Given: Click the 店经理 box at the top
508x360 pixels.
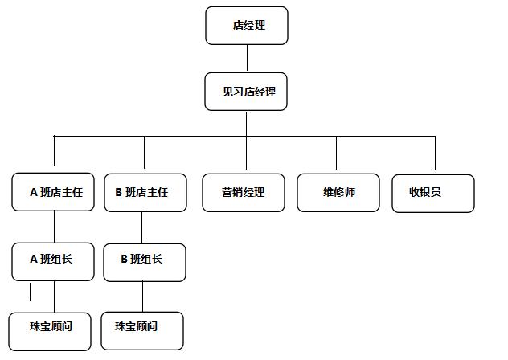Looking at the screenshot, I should [x=247, y=26].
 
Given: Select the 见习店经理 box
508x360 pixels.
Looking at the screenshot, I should [x=247, y=92].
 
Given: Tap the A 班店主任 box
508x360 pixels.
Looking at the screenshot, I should [x=54, y=193].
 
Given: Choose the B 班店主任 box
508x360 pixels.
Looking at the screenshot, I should [x=145, y=193].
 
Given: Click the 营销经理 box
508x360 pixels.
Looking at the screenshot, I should [x=244, y=193].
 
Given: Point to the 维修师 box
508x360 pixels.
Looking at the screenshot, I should [x=338, y=193].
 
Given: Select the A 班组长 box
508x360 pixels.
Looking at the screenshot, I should [x=54, y=260].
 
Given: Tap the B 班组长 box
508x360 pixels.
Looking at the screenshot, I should [x=145, y=260].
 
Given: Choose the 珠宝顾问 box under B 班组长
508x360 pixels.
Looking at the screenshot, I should [x=142, y=329].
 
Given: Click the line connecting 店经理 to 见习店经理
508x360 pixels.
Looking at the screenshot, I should [x=247, y=58].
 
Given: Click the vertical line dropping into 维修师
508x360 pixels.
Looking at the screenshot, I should [x=337, y=154].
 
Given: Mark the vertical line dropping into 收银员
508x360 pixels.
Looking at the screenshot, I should [x=435, y=154].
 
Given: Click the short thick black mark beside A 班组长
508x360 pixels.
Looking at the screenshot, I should [x=31, y=292].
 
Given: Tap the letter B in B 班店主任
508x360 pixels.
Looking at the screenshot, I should [x=119, y=193].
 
